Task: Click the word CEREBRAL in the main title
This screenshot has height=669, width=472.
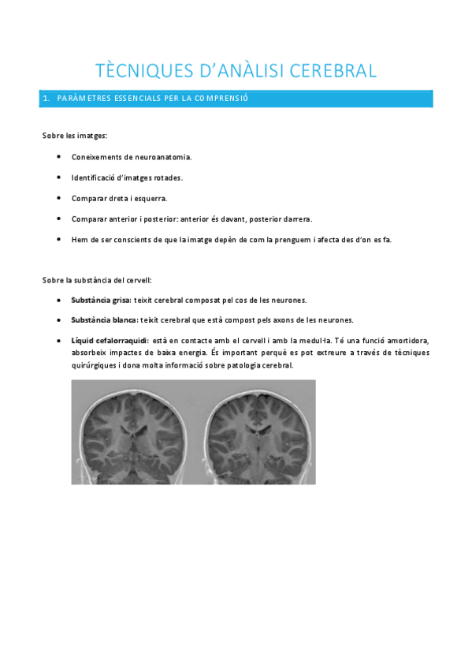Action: point(334,70)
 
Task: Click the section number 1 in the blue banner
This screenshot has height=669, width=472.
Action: point(46,99)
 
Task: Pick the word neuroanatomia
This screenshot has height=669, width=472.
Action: point(162,156)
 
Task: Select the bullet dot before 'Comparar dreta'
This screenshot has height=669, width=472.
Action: point(60,198)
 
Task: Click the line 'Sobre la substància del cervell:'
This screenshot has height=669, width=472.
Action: point(97,280)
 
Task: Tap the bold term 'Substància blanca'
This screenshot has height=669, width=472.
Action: point(103,320)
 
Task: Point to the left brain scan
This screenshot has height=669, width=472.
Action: point(132,432)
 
